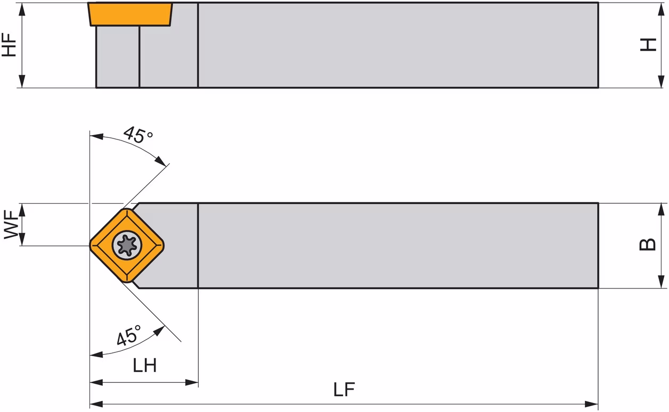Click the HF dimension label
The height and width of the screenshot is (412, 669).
[x=9, y=45]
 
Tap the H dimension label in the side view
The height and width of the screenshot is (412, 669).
[x=648, y=45]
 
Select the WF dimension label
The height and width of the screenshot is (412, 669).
[x=11, y=225]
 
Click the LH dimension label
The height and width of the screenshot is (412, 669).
[x=144, y=365]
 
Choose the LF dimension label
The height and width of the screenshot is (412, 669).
[x=344, y=389]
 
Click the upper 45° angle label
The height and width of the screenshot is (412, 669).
[x=137, y=135]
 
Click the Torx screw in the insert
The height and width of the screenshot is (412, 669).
[x=127, y=245]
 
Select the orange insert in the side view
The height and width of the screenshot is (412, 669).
[x=130, y=14]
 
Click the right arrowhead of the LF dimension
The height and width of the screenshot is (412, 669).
[x=591, y=404]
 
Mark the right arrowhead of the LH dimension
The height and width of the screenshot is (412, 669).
[x=192, y=382]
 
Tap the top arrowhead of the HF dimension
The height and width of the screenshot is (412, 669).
[x=22, y=9]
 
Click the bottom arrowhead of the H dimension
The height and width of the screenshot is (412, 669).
[x=661, y=81]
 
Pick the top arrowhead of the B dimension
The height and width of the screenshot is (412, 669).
[x=661, y=210]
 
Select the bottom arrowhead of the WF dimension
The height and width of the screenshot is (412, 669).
[x=22, y=240]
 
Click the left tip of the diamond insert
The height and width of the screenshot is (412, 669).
[x=90, y=245]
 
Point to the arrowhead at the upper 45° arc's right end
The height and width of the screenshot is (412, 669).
[x=161, y=161]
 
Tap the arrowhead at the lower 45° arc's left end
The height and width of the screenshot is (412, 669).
[x=96, y=355]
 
